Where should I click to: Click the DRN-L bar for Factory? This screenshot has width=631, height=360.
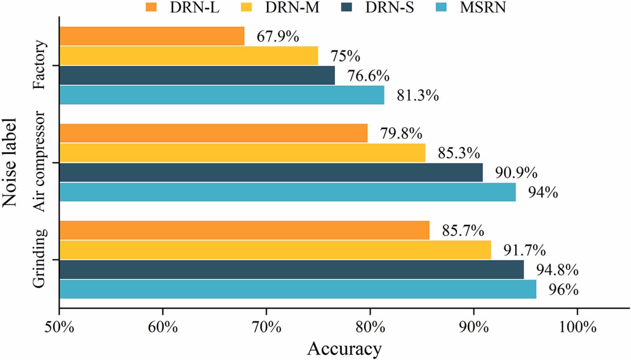click(152, 36)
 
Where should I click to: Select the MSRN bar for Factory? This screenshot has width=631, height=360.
click(222, 95)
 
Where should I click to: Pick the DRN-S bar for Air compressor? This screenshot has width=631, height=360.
click(271, 172)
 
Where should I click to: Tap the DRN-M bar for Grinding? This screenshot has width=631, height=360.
click(275, 250)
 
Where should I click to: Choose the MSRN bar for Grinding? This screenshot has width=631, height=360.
click(298, 289)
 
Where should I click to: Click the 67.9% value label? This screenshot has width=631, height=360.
click(278, 37)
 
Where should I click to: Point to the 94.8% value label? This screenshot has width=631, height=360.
click(557, 270)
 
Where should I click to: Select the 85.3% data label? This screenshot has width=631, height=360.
click(459, 153)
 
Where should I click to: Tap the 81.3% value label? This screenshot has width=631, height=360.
click(418, 95)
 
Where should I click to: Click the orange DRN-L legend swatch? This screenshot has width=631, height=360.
click(151, 7)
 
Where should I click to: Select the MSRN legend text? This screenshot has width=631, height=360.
click(482, 7)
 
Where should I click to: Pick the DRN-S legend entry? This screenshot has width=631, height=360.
click(389, 7)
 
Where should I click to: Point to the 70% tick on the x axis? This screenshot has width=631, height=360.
click(267, 327)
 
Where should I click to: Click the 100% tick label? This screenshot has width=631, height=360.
click(577, 327)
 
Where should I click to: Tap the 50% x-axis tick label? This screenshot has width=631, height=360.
click(59, 327)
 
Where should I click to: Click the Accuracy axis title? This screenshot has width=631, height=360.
click(344, 349)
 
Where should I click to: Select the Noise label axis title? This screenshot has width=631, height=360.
click(9, 162)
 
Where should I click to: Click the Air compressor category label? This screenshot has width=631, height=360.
click(39, 162)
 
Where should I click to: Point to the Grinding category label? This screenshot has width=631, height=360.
click(39, 259)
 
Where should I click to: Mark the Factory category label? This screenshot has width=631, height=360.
click(39, 65)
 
